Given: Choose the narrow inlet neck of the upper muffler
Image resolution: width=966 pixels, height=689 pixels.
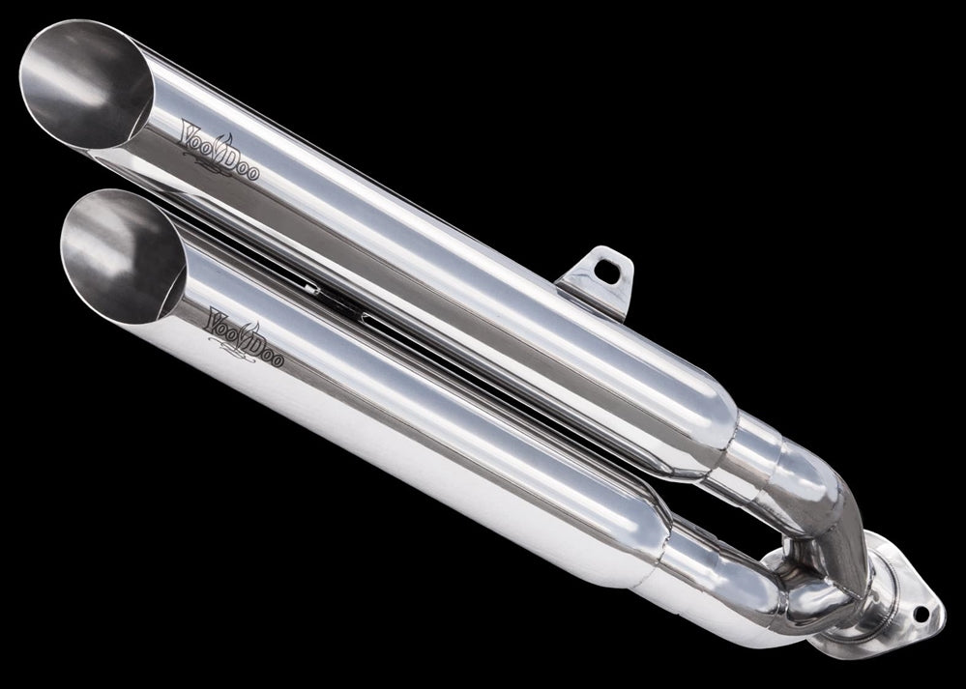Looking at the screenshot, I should pos(764,454).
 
